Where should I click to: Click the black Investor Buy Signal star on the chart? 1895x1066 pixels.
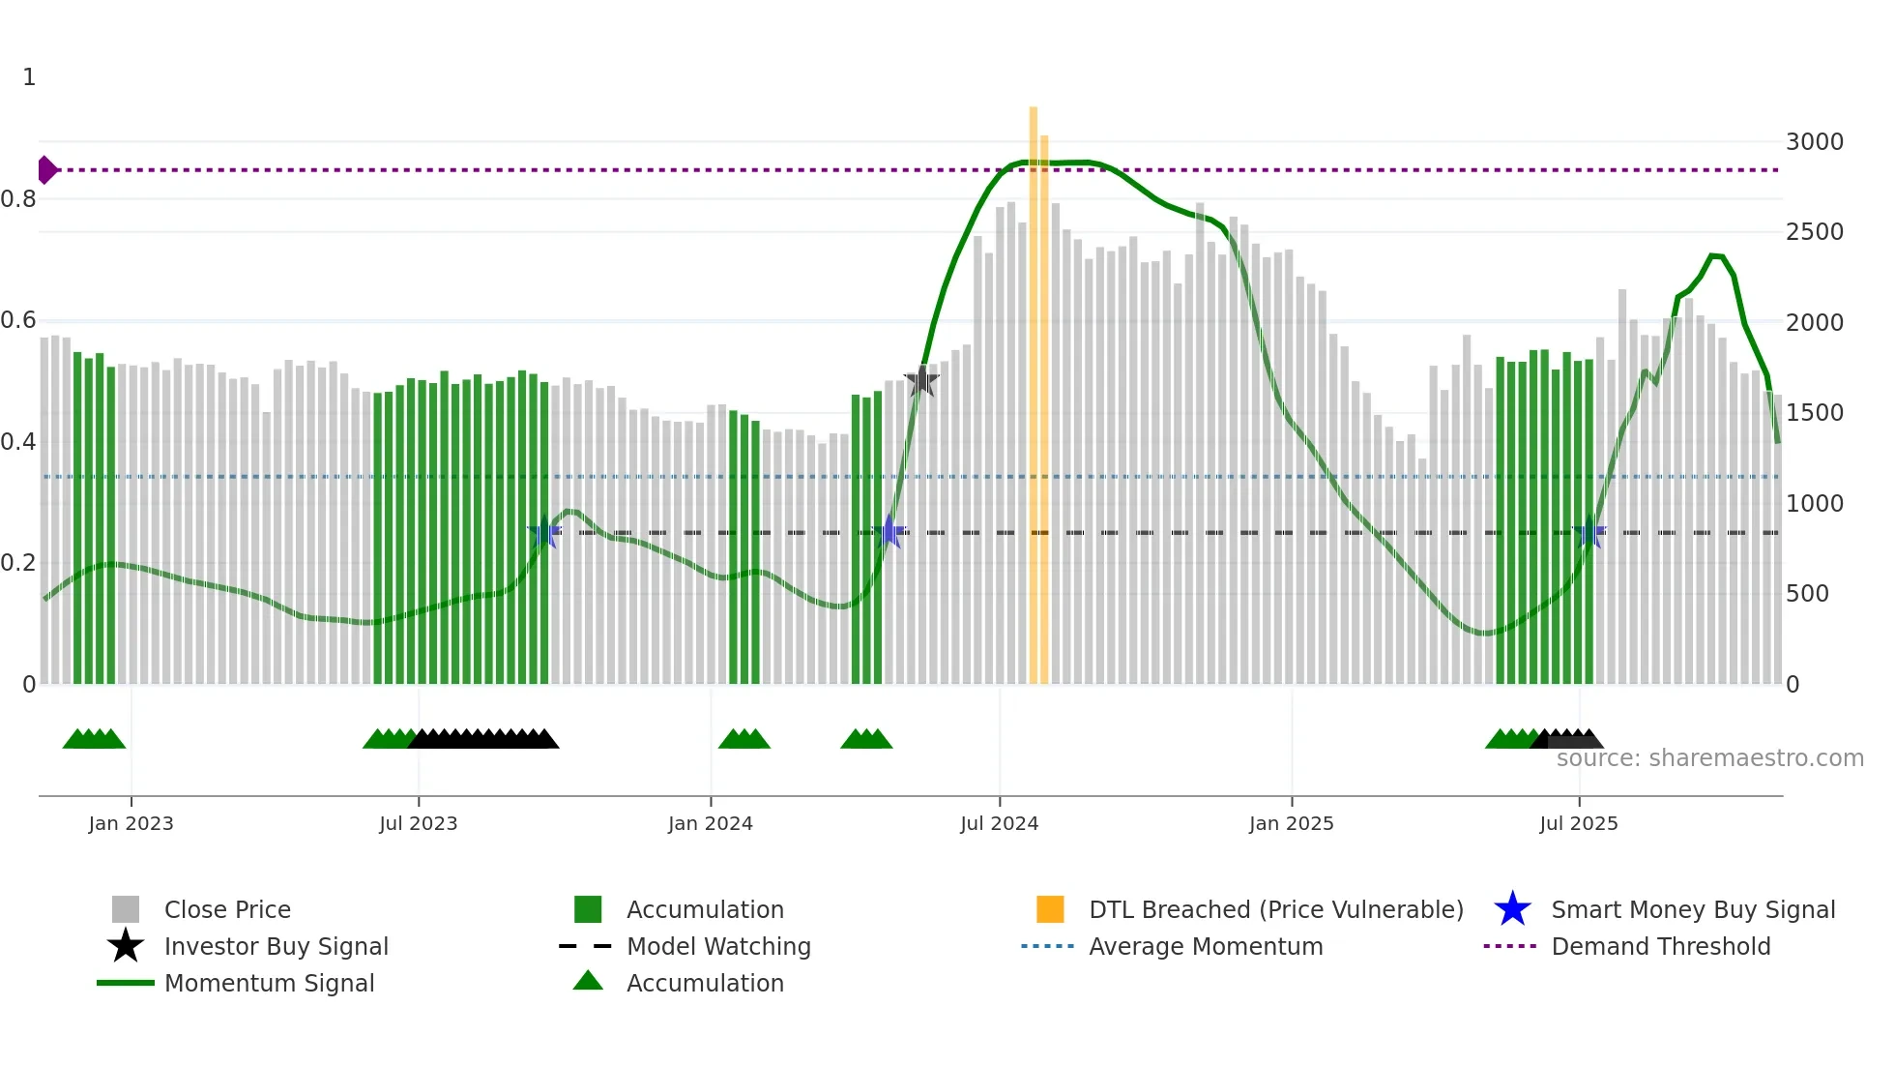point(921,380)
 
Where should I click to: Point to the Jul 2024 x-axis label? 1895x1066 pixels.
point(999,824)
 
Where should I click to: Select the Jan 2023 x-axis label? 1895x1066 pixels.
point(131,824)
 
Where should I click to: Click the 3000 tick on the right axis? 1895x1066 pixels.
point(1814,142)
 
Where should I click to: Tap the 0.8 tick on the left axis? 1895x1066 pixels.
point(18,199)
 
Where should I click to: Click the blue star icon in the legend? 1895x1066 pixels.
point(1512,909)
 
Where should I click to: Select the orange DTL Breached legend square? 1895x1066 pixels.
point(1050,909)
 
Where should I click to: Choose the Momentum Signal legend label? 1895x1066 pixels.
point(269,983)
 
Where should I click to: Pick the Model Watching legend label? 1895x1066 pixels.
point(718,946)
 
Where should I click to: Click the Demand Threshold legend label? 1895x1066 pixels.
point(1660,946)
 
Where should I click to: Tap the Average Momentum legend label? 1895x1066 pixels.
point(1205,946)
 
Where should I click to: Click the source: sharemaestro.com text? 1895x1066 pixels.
point(1709,758)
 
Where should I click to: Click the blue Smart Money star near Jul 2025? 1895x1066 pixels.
point(1589,532)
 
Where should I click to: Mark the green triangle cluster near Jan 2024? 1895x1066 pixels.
point(743,739)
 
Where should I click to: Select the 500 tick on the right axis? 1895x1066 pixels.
point(1806,594)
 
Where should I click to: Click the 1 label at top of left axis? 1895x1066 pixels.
point(29,77)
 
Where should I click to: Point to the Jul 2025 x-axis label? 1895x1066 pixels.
point(1578,824)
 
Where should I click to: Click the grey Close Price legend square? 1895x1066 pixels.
point(126,909)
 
